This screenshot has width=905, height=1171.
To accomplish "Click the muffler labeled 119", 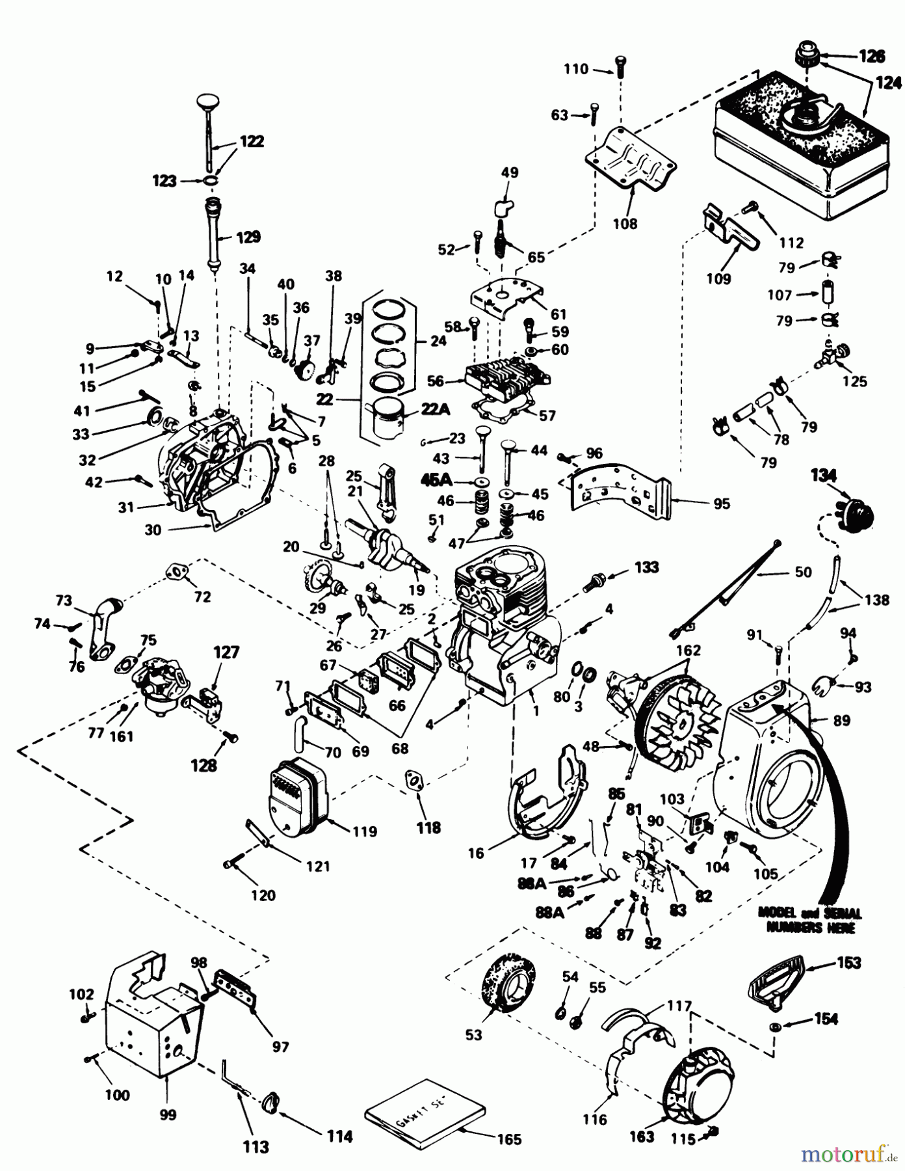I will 296,794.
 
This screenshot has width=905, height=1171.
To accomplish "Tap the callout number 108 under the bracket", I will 626,224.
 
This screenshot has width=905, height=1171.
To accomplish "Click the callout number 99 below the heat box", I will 168,1114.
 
